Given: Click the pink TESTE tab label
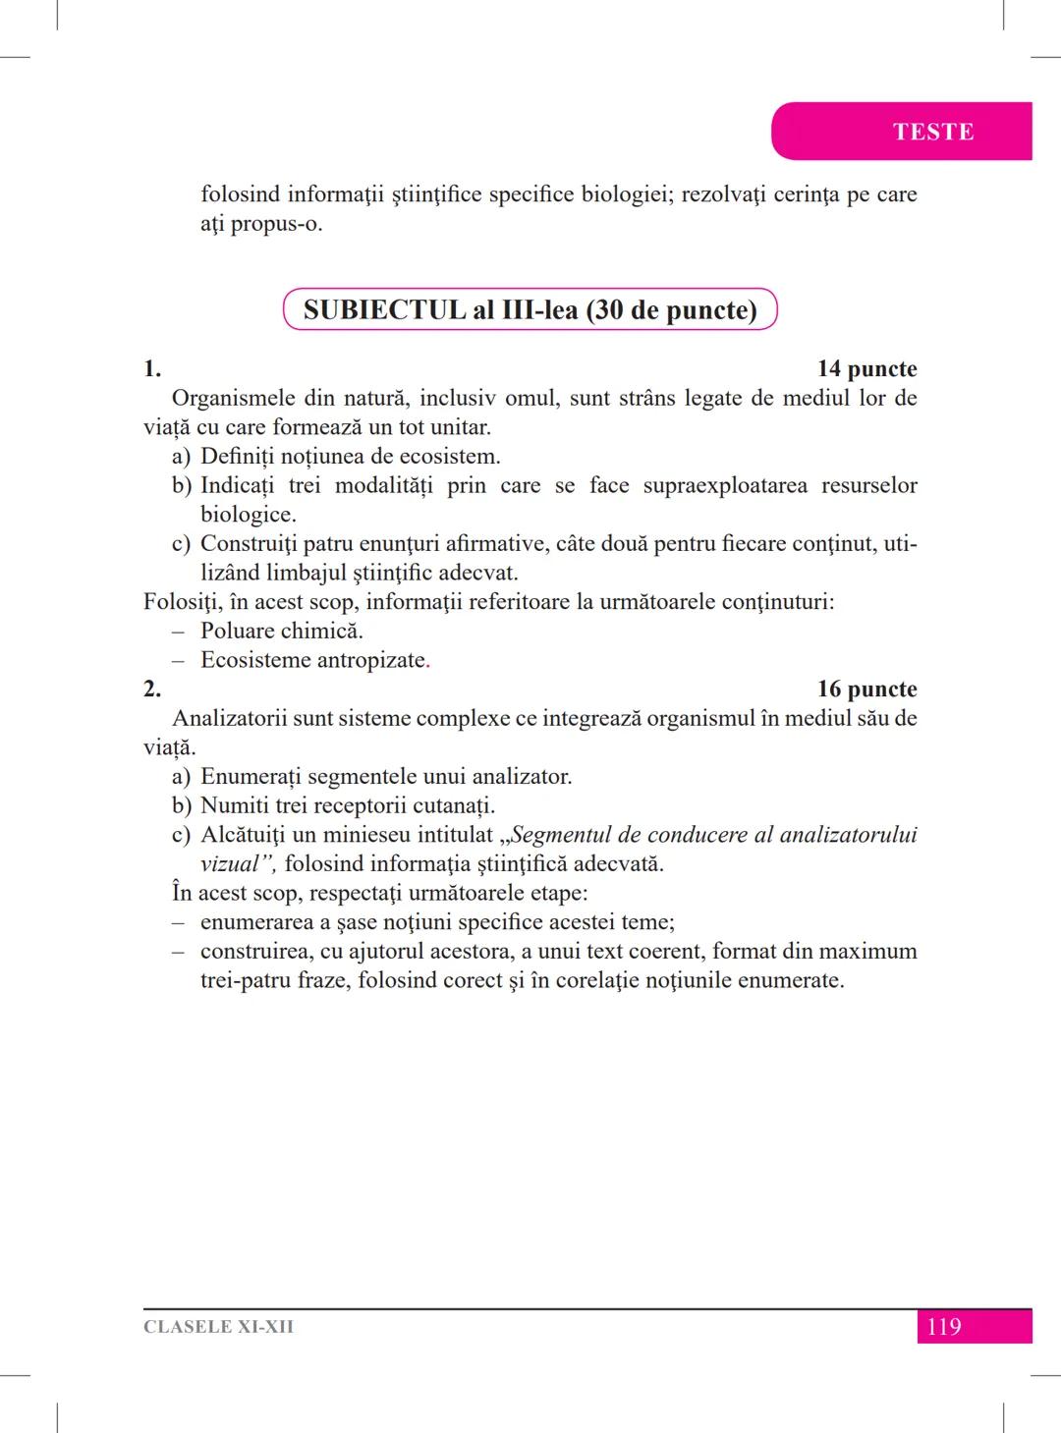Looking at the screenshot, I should pos(932,132).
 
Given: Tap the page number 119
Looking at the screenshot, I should pos(943,1327).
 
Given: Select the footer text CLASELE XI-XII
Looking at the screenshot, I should pos(218,1327).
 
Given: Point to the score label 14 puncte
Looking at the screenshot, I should pos(866,369).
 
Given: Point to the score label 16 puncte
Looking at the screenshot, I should pos(866,689).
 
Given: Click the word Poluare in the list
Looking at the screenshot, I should pos(237,631).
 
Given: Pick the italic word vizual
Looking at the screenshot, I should pos(234,864).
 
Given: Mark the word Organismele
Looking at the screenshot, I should pos(232,399).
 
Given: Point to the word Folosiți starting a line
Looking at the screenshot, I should pos(182,602).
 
